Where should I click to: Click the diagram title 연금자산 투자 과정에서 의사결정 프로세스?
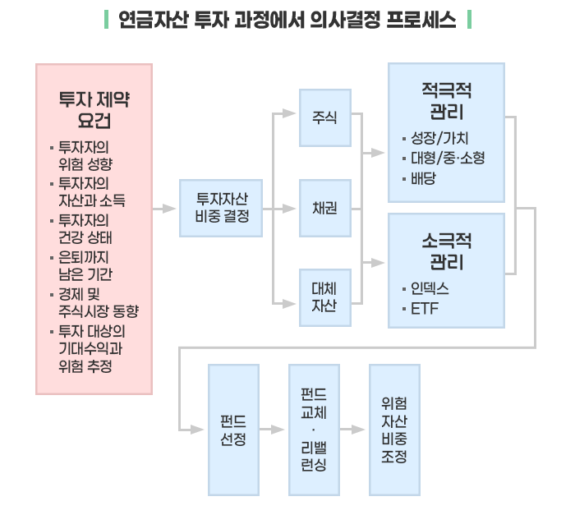click(x=287, y=19)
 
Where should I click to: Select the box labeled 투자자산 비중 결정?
click(x=221, y=208)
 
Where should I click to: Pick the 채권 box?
click(x=324, y=208)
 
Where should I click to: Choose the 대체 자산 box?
click(x=324, y=297)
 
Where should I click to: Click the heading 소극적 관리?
click(x=446, y=251)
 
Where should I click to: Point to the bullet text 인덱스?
click(x=430, y=289)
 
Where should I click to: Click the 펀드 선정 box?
click(x=232, y=429)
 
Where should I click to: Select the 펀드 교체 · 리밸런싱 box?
click(x=313, y=429)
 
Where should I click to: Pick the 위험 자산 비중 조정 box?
click(x=393, y=429)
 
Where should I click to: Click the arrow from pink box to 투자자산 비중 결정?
click(x=165, y=209)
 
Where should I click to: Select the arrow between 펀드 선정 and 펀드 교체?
click(x=273, y=429)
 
